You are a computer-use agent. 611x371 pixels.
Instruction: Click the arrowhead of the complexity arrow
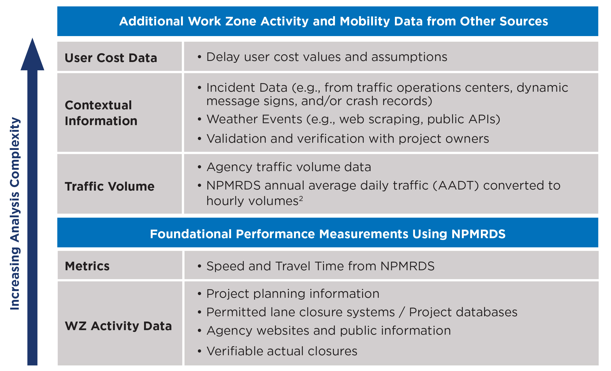[x=32, y=55]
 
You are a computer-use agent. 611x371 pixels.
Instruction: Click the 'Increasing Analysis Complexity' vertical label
[x=15, y=214]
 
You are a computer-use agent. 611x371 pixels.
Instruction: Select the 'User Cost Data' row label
[x=111, y=58]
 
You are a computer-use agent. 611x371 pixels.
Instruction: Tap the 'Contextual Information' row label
[x=101, y=113]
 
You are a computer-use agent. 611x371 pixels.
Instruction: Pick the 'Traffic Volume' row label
[x=110, y=186]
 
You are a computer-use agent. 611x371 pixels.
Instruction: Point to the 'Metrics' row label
[x=87, y=266]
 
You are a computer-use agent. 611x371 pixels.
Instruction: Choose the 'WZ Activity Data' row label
[x=118, y=326]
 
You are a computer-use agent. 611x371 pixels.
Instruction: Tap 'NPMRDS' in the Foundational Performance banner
[x=478, y=234]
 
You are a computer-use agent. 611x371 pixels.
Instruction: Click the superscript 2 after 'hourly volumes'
[x=301, y=198]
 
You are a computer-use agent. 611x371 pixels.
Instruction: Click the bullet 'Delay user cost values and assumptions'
[x=322, y=57]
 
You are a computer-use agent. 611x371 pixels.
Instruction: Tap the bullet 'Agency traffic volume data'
[x=284, y=167]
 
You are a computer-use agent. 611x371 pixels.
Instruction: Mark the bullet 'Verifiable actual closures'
[x=277, y=351]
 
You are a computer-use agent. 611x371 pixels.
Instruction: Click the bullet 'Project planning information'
[x=288, y=294]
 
